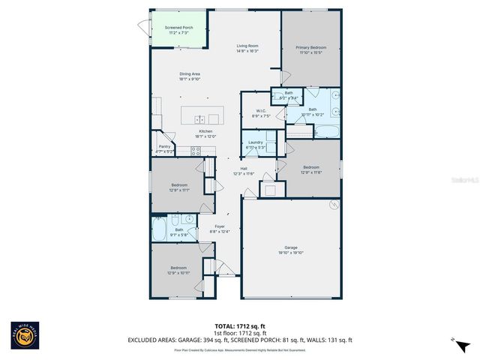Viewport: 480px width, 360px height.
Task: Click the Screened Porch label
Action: [178, 28]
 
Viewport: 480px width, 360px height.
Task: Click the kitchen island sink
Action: [200, 119]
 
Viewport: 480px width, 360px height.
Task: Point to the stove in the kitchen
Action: [196, 150]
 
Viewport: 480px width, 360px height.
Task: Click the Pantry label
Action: [164, 146]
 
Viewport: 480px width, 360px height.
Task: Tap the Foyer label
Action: [220, 226]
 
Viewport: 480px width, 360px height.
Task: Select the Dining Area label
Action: [189, 73]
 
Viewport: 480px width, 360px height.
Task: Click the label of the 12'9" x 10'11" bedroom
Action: [178, 268]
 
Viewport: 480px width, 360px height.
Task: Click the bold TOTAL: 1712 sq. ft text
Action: [240, 325]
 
